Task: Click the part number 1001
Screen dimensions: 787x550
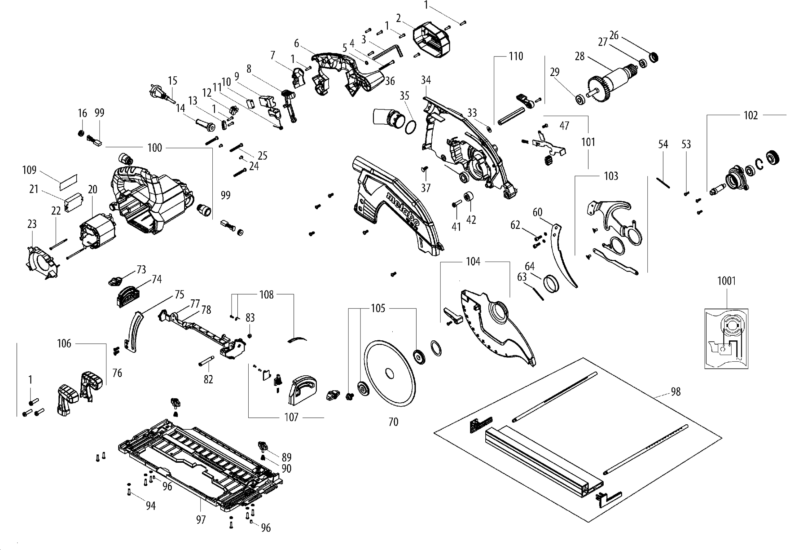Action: click(x=726, y=281)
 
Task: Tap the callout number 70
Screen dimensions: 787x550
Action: click(x=393, y=422)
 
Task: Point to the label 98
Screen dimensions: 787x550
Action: click(x=675, y=391)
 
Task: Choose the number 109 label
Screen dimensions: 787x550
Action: click(x=29, y=170)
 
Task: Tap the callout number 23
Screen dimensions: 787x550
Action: click(x=32, y=224)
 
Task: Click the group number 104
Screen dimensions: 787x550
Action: click(x=473, y=262)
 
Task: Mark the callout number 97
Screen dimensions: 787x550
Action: click(x=201, y=520)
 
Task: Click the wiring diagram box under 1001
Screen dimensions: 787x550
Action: click(x=726, y=339)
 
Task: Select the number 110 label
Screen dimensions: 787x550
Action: click(x=516, y=56)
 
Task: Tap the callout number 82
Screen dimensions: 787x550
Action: click(x=208, y=379)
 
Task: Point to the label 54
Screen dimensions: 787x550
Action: click(x=663, y=144)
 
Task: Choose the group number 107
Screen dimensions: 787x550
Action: click(x=291, y=417)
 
